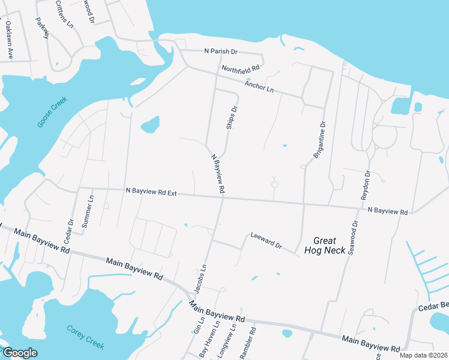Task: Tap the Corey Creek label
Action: tap(85, 337)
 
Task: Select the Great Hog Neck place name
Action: tap(325, 245)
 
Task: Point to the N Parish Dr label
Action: tap(221, 52)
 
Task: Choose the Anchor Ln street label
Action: tap(259, 86)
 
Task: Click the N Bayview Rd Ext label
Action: tap(151, 191)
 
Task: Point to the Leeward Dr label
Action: tap(266, 241)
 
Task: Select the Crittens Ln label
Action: tap(64, 15)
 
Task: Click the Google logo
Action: tap(19, 353)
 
